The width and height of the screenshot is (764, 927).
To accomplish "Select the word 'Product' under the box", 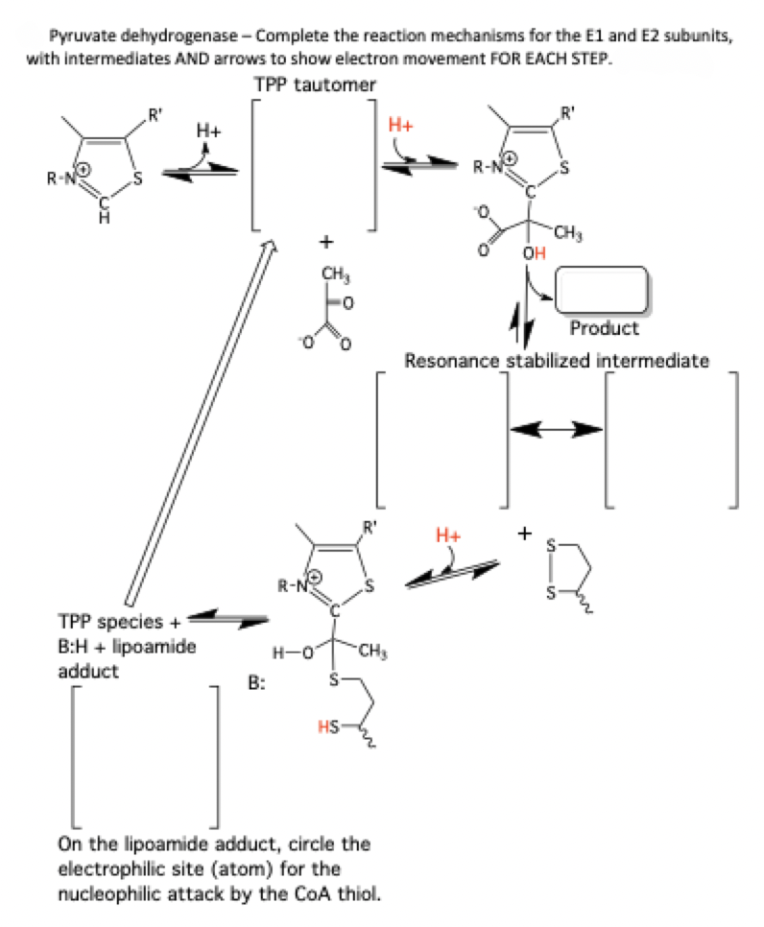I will (604, 328).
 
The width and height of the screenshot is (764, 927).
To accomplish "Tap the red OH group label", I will (533, 253).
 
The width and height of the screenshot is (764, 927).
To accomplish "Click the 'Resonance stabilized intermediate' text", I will (557, 361).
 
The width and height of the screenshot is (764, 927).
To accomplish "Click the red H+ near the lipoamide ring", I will (447, 534).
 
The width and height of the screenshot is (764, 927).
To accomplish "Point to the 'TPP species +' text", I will (114, 621).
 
